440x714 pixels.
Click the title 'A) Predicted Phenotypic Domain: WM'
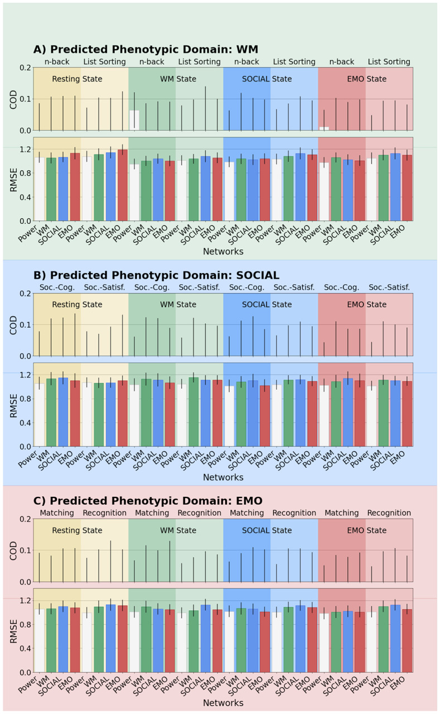(146, 49)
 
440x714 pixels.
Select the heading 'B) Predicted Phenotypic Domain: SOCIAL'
(156, 275)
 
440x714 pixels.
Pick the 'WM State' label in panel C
(176, 530)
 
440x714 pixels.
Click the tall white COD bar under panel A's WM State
(134, 121)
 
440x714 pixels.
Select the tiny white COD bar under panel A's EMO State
(324, 129)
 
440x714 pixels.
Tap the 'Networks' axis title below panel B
(223, 477)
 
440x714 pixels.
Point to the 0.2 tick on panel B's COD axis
(25, 294)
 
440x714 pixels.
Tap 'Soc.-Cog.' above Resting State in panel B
(57, 287)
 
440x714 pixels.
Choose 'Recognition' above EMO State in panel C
(389, 513)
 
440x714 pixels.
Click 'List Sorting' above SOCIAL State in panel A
(294, 62)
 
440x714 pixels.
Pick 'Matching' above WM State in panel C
(152, 513)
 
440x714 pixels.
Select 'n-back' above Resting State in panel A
(57, 62)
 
